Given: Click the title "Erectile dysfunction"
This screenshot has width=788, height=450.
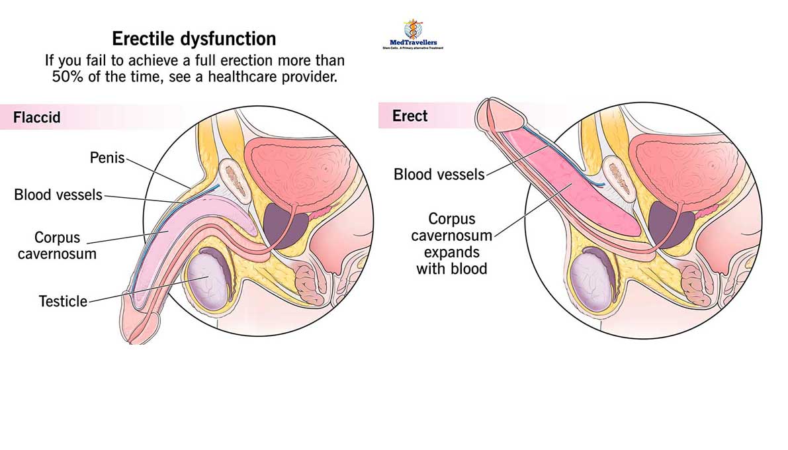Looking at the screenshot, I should (194, 38).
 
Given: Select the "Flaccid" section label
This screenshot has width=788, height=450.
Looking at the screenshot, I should (37, 118).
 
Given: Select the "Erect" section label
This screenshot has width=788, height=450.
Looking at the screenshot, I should (410, 116).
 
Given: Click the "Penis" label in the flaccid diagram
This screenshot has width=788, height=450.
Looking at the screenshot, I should (107, 159).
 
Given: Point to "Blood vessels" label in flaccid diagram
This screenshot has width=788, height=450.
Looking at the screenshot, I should (58, 195).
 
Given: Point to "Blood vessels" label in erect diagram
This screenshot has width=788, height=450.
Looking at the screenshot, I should (439, 175).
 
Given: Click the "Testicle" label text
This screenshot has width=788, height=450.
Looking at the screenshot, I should (63, 301).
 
